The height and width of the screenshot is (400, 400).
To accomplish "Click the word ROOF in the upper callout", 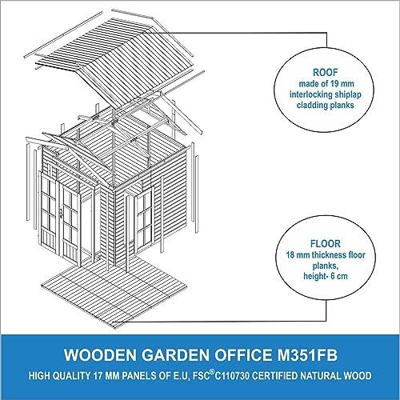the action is tap(325, 72).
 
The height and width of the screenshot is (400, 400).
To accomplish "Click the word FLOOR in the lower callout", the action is tap(326, 244).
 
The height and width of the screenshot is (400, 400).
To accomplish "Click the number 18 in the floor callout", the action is tap(291, 255).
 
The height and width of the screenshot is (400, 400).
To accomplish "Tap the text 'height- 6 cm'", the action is tap(326, 276).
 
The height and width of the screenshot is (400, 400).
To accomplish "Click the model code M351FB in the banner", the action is tap(307, 355).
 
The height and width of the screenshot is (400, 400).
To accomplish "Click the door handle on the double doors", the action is tap(61, 214).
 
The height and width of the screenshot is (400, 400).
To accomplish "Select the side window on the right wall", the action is tap(144, 219).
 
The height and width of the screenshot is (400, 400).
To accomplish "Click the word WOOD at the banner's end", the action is tap(358, 376).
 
